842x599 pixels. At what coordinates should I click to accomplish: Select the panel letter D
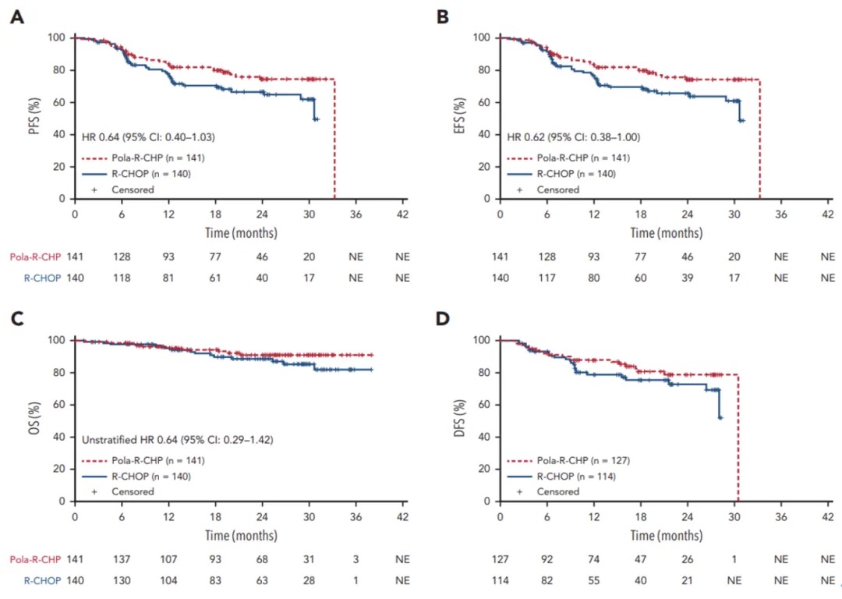[442, 319]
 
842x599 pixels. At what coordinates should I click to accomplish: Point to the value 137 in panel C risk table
[122, 558]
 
